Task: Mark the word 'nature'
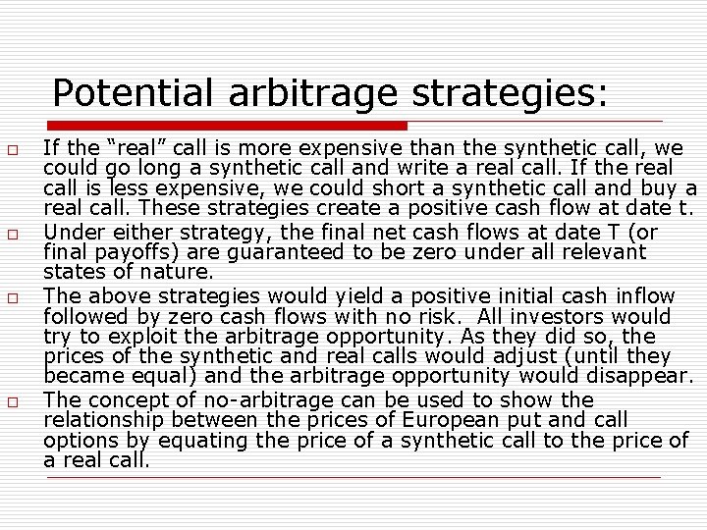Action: pos(180,272)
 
